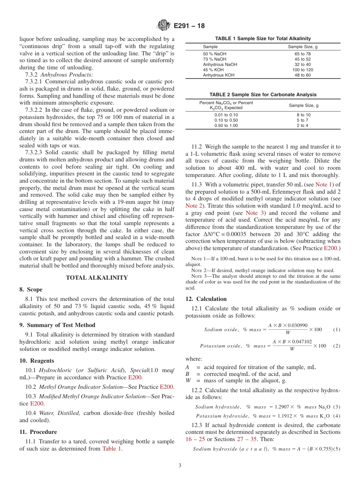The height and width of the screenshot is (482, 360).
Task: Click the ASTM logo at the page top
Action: pos(164,26)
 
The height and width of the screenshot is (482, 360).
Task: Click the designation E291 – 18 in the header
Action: pos(189,26)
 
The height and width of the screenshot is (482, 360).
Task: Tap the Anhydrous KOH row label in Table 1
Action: pos(219,75)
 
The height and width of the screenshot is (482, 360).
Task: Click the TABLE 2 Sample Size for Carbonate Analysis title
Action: pos(263,95)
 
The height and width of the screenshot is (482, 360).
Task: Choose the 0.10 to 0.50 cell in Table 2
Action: pos(226,120)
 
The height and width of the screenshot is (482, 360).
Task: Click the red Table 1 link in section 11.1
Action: pos(112,449)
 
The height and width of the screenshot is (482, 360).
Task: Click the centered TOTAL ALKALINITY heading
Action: pos(97,278)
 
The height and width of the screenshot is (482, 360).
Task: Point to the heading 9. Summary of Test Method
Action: pos(57,325)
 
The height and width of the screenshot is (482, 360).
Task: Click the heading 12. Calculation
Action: pos(206,299)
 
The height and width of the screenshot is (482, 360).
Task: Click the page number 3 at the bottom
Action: pos(180,466)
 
